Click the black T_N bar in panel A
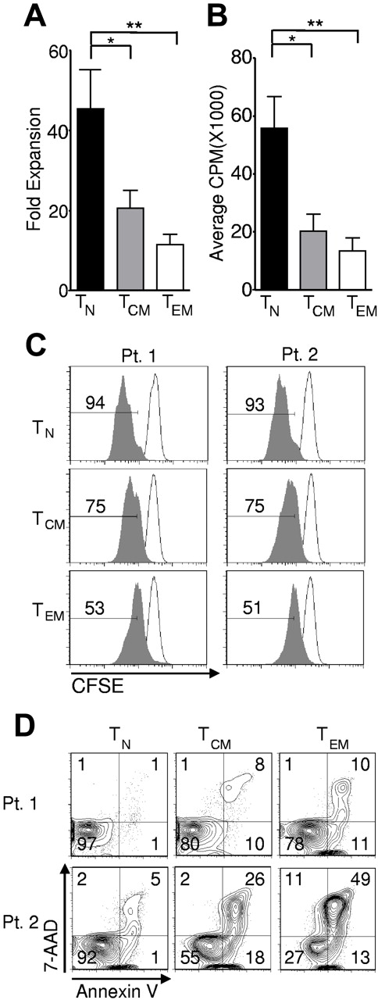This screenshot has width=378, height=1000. click(x=91, y=199)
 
